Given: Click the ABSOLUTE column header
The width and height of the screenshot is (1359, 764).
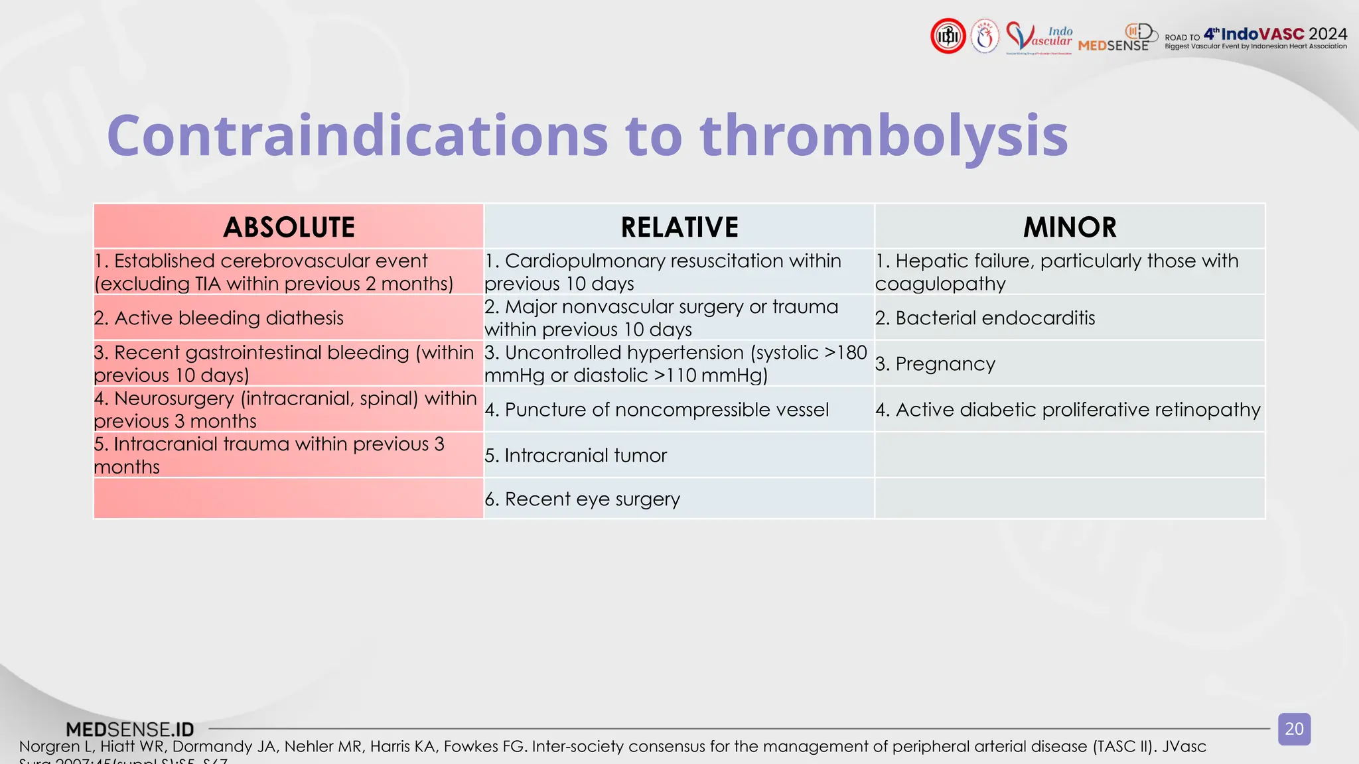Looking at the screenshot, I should pyautogui.click(x=289, y=227).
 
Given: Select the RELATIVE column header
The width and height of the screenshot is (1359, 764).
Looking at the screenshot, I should pyautogui.click(x=679, y=227).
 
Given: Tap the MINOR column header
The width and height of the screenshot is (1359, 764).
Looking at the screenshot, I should pyautogui.click(x=1070, y=227).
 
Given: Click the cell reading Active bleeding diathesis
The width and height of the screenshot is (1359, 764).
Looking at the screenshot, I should pyautogui.click(x=219, y=318).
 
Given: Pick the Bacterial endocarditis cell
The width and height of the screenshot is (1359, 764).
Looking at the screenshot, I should pyautogui.click(x=985, y=318).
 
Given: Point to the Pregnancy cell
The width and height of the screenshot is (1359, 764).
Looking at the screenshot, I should pyautogui.click(x=936, y=364).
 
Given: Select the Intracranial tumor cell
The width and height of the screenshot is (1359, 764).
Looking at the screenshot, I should pyautogui.click(x=576, y=456).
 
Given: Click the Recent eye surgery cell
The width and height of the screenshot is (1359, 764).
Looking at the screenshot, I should pyautogui.click(x=583, y=499).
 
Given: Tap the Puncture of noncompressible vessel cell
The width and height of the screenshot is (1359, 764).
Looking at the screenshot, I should pyautogui.click(x=657, y=410).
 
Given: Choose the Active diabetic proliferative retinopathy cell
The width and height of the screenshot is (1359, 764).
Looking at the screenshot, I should pyautogui.click(x=1068, y=410).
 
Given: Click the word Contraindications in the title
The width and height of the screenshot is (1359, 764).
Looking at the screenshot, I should pyautogui.click(x=357, y=136).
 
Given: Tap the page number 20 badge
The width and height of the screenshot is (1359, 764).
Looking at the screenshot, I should pyautogui.click(x=1294, y=729).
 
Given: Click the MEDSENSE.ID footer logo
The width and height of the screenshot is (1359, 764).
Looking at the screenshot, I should pyautogui.click(x=130, y=730).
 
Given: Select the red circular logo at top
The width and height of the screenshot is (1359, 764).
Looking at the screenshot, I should pyautogui.click(x=948, y=36).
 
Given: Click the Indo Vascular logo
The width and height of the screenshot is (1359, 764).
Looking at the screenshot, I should pyautogui.click(x=1039, y=36).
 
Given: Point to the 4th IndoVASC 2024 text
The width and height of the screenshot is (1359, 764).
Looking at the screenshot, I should pyautogui.click(x=1275, y=34).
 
